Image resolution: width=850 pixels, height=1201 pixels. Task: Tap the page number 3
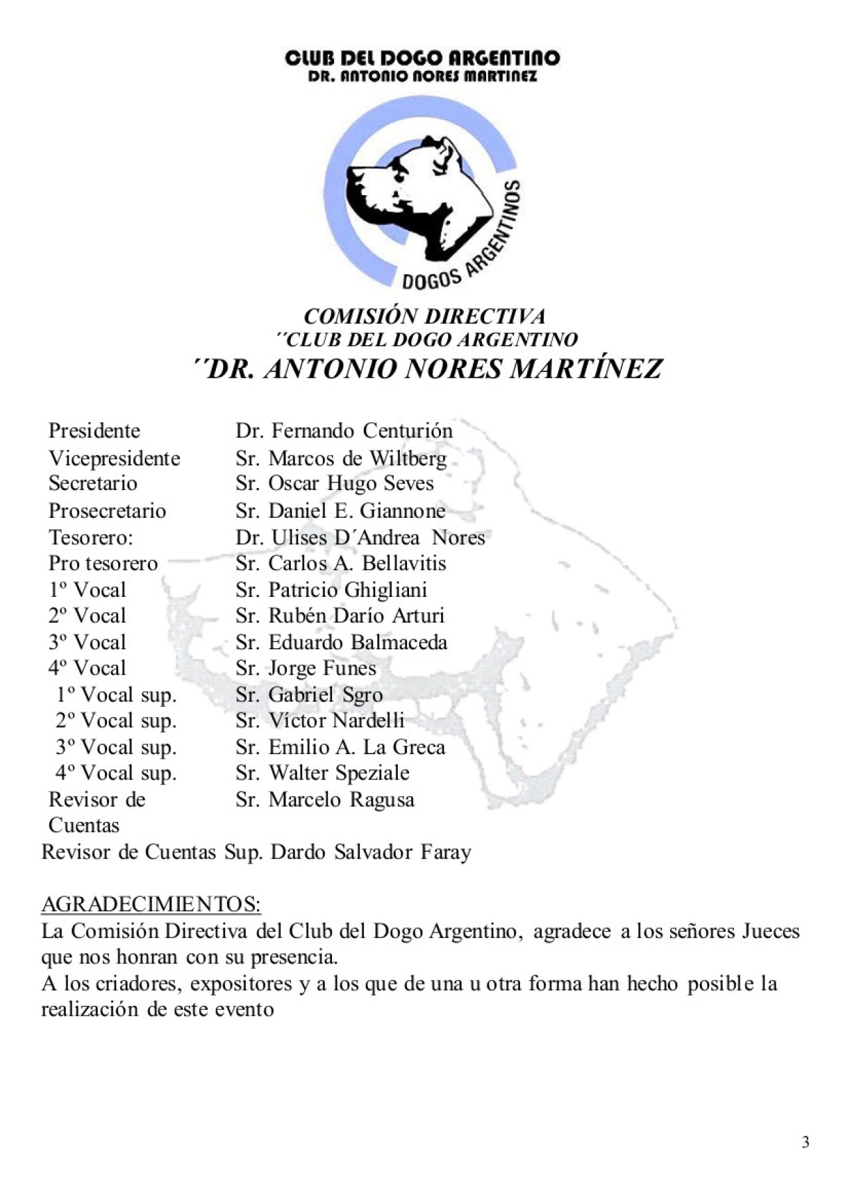pyautogui.click(x=806, y=1143)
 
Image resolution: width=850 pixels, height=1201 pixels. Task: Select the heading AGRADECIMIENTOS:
pyautogui.click(x=151, y=904)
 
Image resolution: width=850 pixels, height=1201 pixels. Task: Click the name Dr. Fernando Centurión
pyautogui.click(x=343, y=431)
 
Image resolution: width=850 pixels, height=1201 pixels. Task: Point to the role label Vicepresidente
pyautogui.click(x=114, y=458)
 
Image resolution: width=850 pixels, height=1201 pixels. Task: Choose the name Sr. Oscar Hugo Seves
pyautogui.click(x=334, y=483)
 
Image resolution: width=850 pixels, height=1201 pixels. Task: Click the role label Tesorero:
pyautogui.click(x=91, y=537)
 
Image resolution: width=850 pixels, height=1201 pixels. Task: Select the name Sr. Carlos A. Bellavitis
pyautogui.click(x=341, y=563)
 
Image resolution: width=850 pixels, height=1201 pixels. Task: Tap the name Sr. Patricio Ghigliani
pyautogui.click(x=331, y=590)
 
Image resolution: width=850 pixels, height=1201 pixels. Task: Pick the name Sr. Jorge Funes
pyautogui.click(x=305, y=668)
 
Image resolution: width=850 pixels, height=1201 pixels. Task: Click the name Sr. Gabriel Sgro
pyautogui.click(x=309, y=694)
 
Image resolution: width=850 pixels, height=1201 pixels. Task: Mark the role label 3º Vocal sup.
pyautogui.click(x=116, y=747)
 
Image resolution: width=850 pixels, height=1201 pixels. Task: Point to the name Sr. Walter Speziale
pyautogui.click(x=322, y=773)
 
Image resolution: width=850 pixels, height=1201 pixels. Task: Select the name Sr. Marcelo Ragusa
pyautogui.click(x=325, y=799)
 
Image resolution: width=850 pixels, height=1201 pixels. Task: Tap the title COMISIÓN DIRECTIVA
pyautogui.click(x=424, y=316)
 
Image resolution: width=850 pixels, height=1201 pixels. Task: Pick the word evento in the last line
pyautogui.click(x=241, y=1010)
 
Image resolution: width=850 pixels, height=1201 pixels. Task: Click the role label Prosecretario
pyautogui.click(x=107, y=511)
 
